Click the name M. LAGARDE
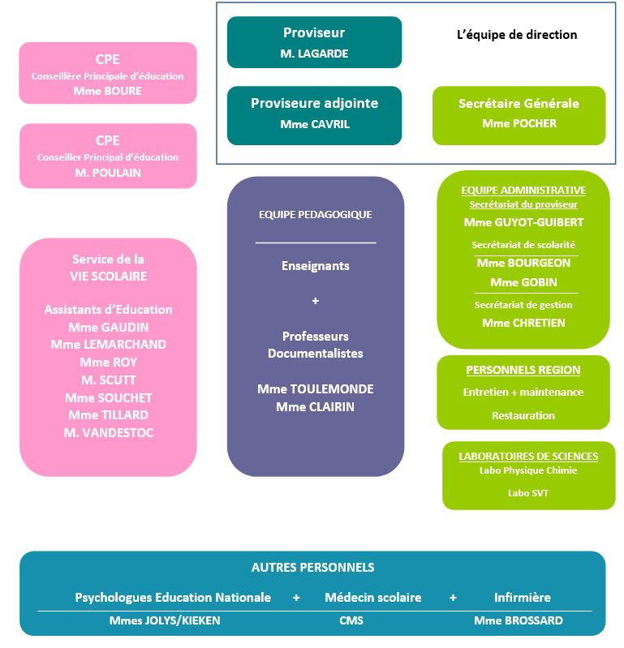point(314,54)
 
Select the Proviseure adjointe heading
point(314,103)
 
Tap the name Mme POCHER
point(519,124)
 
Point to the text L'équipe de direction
point(517,35)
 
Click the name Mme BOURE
point(107,91)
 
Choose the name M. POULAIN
point(108,172)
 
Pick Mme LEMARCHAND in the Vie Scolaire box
point(108,344)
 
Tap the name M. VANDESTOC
point(108,433)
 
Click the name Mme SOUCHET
point(108,397)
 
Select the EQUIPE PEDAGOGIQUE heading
point(315,215)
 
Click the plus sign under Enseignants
point(316,301)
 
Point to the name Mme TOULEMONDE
point(315,389)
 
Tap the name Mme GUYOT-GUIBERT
point(523,222)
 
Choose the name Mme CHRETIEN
point(523,323)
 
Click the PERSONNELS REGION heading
point(523,371)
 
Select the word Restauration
point(523,415)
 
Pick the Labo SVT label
point(528,493)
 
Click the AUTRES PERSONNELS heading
point(312,568)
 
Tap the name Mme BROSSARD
point(519,620)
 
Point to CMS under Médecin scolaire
point(351,620)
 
